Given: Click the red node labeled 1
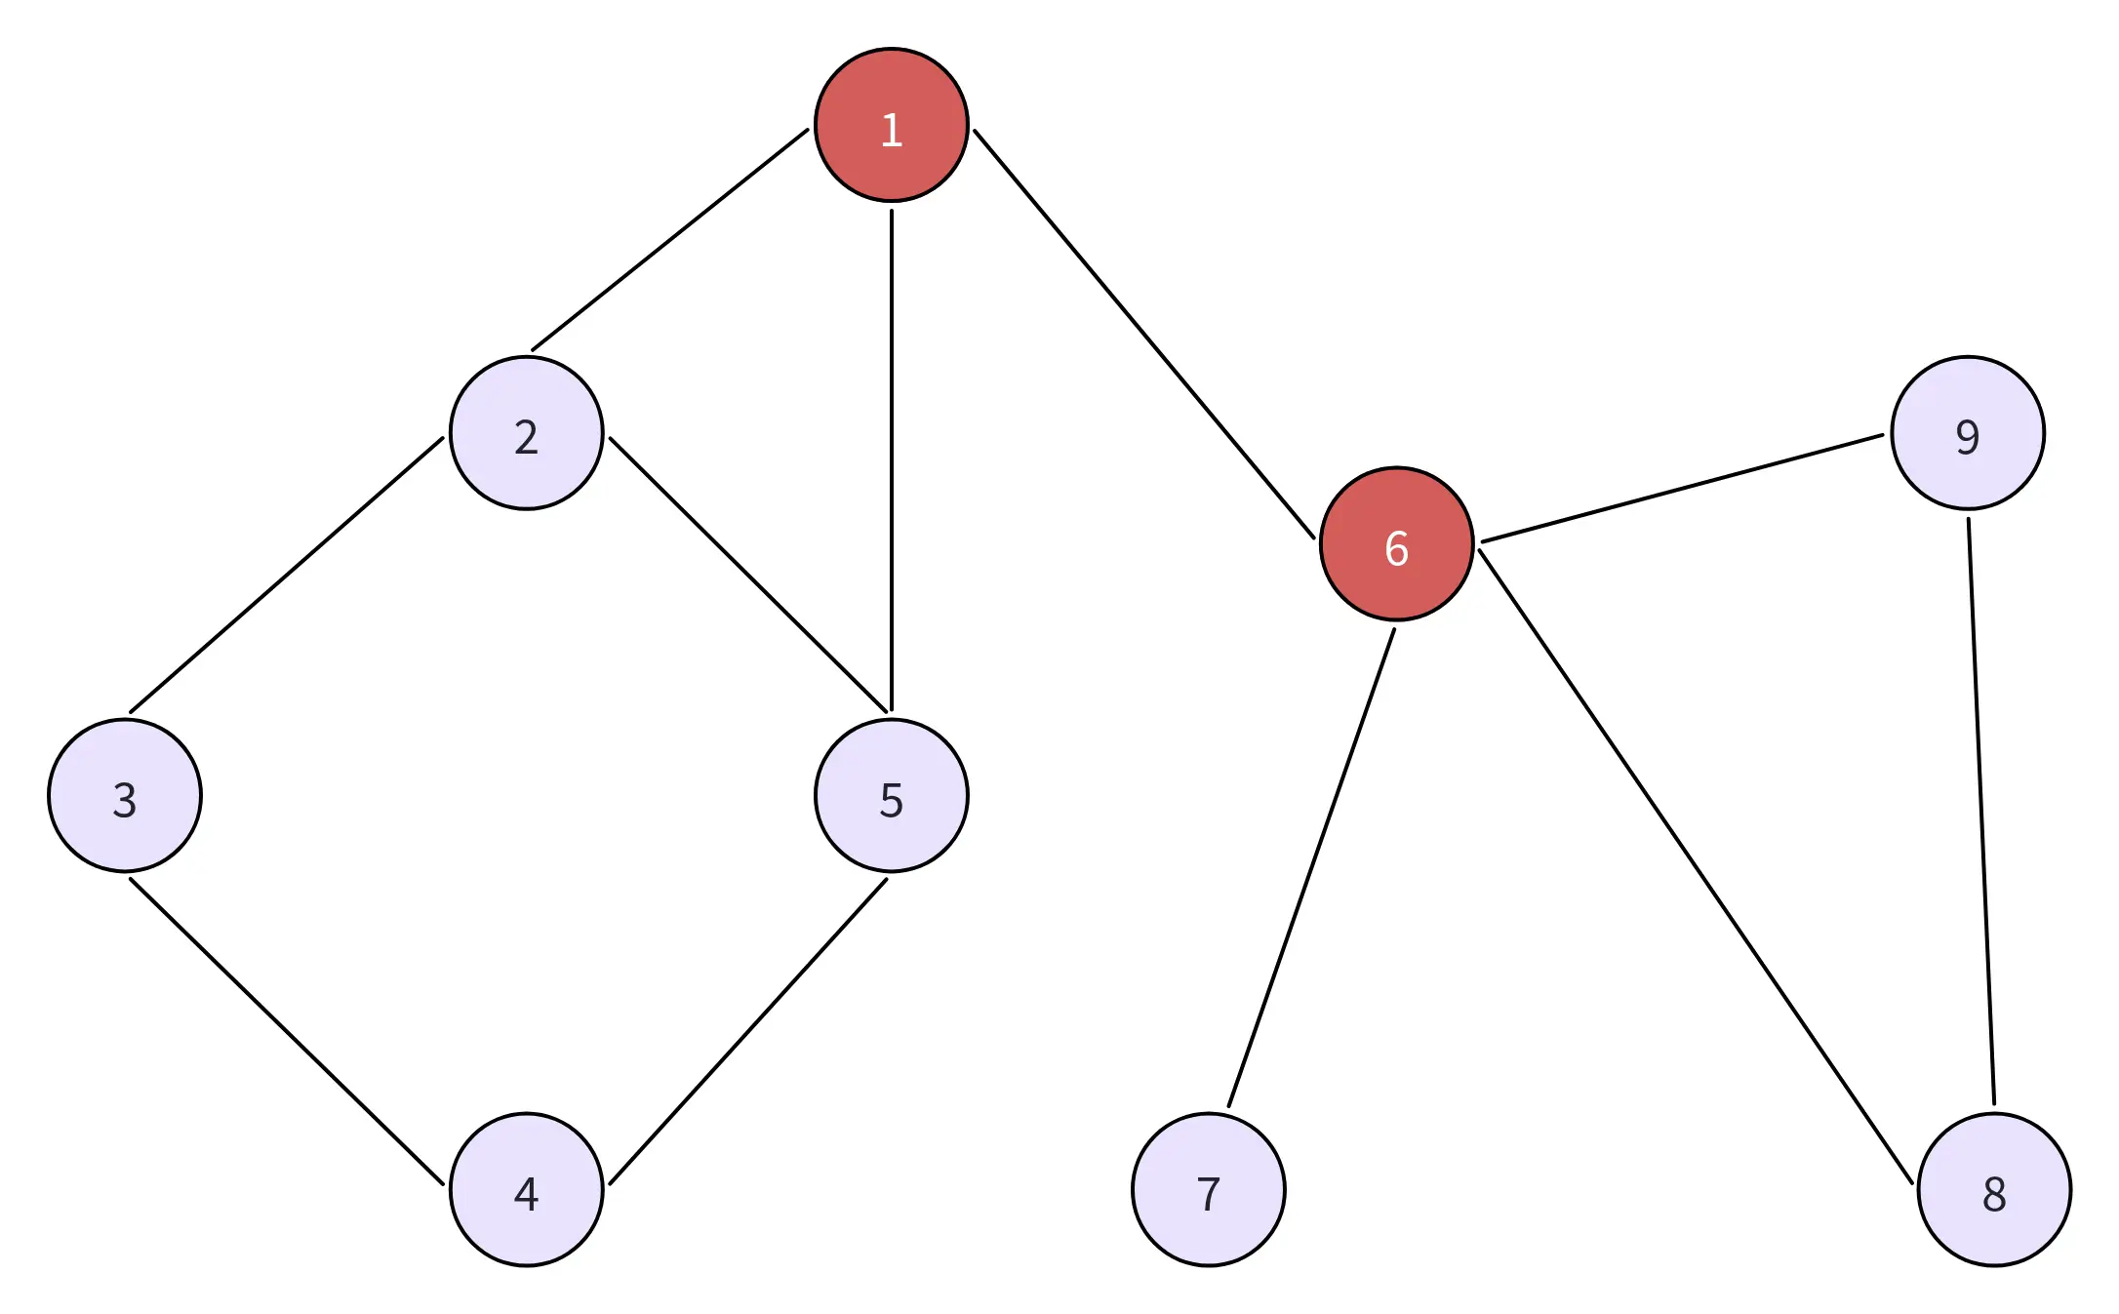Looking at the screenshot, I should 891,125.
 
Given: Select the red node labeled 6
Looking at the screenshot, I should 1396,544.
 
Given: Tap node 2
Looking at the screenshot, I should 526,433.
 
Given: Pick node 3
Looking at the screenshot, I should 125,796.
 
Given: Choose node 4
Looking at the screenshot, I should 526,1190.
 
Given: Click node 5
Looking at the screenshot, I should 891,796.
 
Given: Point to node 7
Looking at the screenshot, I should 1208,1190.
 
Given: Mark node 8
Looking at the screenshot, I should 1994,1190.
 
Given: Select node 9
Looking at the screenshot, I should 1967,433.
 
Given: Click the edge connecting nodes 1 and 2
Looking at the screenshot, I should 670,240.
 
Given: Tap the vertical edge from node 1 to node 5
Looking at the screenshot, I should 891,460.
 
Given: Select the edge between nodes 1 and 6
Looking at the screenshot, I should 1143,334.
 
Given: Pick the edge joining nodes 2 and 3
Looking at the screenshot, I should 287,575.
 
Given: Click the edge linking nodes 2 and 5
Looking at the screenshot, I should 749,574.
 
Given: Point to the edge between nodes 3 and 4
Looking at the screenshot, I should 287,1031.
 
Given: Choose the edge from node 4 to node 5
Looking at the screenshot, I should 748,1031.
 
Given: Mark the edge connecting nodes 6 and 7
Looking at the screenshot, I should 1311,868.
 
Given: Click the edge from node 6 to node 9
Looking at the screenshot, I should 1682,488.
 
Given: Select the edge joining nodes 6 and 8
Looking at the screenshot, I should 1696,866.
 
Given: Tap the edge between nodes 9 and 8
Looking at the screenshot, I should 1981,812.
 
